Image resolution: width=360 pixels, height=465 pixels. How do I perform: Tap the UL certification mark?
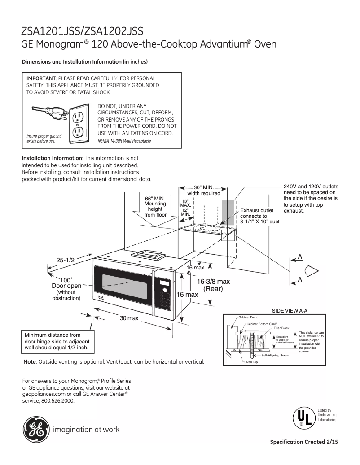pyautogui.click(x=303, y=417)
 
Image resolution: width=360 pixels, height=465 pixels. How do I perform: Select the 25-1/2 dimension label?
pyautogui.click(x=65, y=260)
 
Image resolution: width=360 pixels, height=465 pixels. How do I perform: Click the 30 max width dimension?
pyautogui.click(x=129, y=318)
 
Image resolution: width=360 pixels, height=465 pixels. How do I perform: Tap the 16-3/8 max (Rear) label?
pyautogui.click(x=213, y=285)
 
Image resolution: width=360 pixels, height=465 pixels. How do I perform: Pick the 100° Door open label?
pyautogui.click(x=66, y=282)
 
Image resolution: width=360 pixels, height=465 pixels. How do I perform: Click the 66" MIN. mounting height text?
pyautogui.click(x=155, y=206)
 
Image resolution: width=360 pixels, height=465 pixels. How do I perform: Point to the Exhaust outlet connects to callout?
pyautogui.click(x=259, y=216)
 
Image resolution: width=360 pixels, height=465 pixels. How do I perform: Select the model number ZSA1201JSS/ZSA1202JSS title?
pyautogui.click(x=82, y=31)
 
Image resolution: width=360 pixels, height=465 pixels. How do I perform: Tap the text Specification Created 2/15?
pyautogui.click(x=303, y=442)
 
